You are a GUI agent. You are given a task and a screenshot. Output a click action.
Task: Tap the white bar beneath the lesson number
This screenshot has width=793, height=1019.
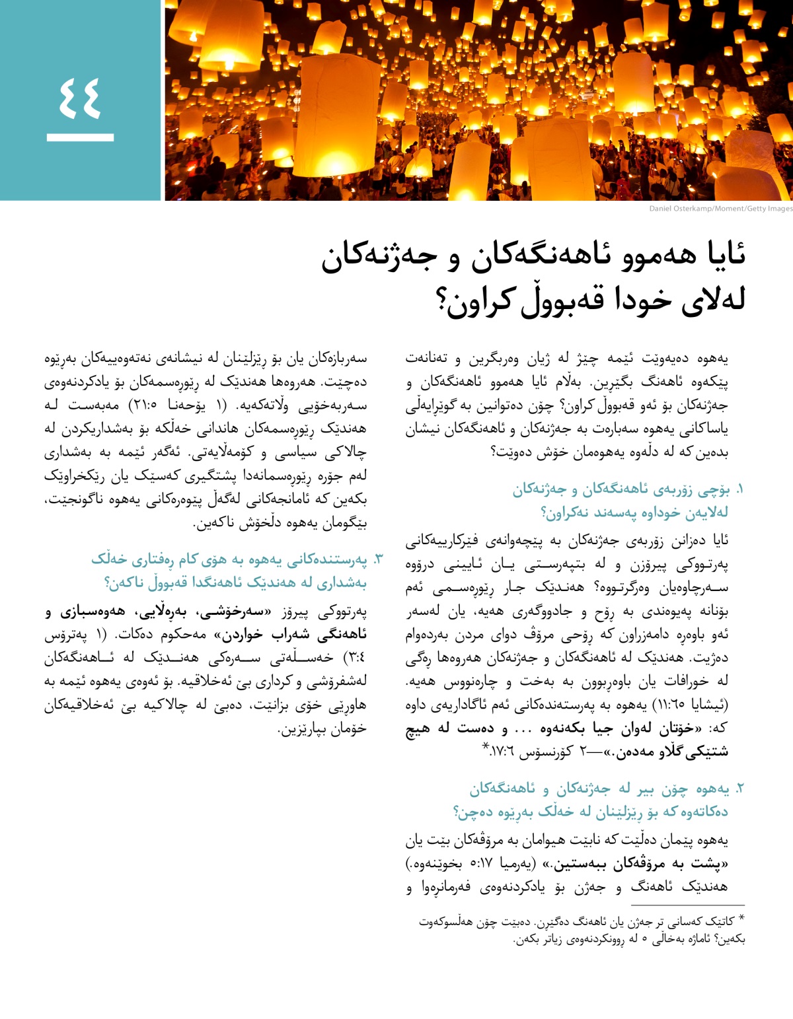coord(80,137)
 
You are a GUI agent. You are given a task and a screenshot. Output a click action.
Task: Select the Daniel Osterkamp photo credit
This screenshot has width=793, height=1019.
coord(720,209)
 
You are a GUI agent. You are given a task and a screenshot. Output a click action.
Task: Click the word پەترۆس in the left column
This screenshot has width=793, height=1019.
coord(65,635)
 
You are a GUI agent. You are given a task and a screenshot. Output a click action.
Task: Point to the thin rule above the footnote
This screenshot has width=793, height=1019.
coord(687,905)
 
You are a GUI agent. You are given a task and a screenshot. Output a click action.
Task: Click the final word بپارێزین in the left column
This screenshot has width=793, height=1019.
coord(301,729)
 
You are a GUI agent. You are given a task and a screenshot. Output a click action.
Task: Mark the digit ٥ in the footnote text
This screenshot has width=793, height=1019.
coord(644,939)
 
